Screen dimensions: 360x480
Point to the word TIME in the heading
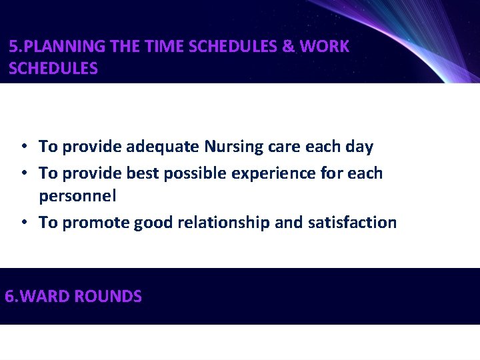tap(163, 47)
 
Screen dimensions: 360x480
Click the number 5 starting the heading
tap(13, 47)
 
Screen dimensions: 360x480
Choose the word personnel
tap(77, 196)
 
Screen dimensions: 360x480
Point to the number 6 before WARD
tap(9, 297)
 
